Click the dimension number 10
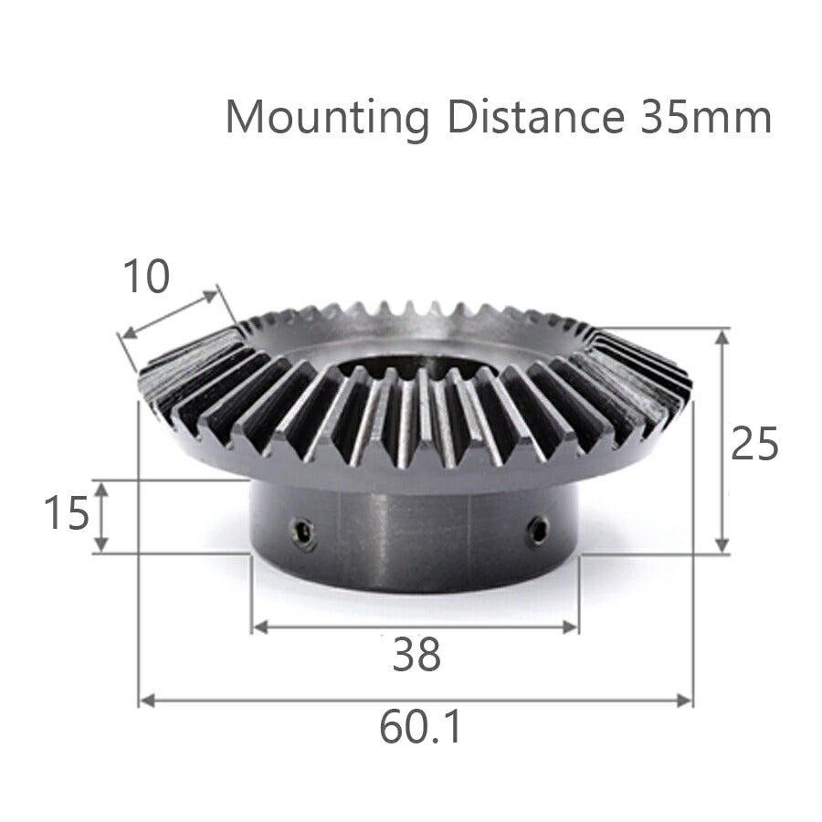(146, 277)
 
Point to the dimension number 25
(754, 445)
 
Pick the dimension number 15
(67, 514)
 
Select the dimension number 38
(416, 654)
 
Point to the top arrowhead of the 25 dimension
(722, 335)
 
